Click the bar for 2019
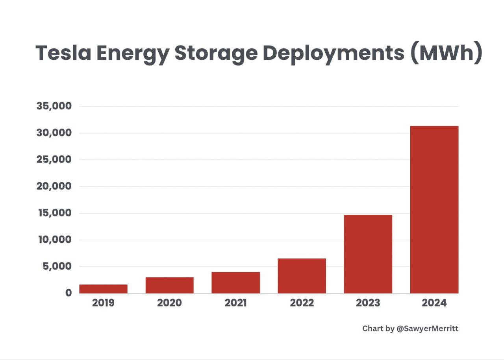pos(103,289)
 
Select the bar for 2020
pos(169,285)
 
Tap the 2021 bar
pos(235,282)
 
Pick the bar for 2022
pos(302,276)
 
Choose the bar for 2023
pos(368,254)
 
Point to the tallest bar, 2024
pos(434,209)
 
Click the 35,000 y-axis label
pos(54,106)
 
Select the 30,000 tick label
pos(54,133)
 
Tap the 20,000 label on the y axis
pos(54,186)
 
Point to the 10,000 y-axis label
pos(54,240)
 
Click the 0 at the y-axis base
pos(69,293)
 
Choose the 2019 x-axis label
pos(103,303)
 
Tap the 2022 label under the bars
pos(302,303)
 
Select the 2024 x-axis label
pos(434,303)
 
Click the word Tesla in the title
pos(63,53)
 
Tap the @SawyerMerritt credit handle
pos(427,329)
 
